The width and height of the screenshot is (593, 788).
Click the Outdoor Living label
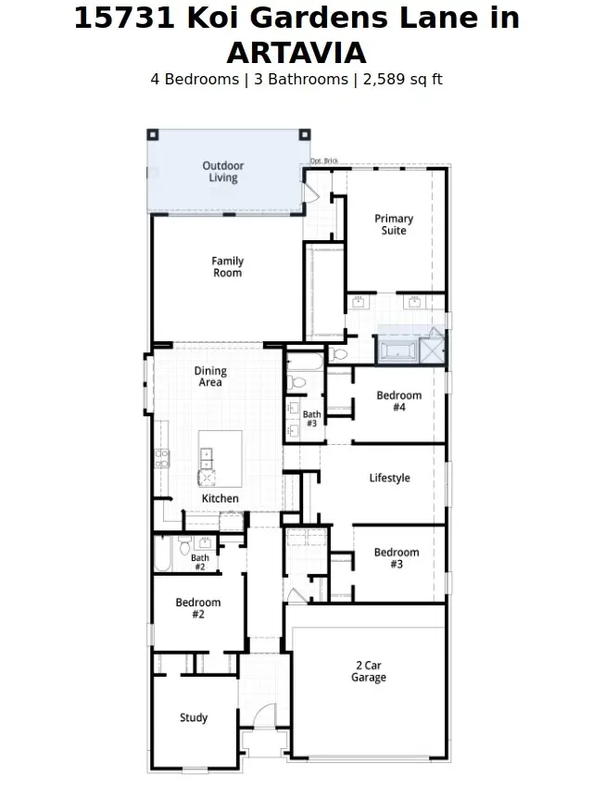223,172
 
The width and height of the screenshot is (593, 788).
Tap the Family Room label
227,267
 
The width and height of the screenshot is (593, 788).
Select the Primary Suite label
394,224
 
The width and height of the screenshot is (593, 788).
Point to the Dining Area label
210,376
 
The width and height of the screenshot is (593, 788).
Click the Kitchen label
220,499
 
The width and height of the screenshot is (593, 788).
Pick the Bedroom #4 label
399,401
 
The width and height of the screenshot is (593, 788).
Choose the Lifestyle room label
390,478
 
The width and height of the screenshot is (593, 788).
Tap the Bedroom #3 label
397,558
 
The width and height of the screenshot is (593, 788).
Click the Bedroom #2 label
198,608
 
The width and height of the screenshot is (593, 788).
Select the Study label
194,718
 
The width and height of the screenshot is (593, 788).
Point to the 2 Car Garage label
369,671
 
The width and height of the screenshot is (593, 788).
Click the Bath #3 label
312,419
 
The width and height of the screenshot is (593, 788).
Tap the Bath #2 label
200,563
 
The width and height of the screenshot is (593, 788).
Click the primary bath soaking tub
397,350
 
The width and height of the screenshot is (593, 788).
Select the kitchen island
221,458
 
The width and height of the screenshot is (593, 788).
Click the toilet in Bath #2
184,545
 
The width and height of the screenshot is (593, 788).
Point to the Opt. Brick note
324,160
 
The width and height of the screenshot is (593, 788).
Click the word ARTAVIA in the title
296,53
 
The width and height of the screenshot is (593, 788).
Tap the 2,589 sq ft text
403,80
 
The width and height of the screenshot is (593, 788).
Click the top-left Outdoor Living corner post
153,134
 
